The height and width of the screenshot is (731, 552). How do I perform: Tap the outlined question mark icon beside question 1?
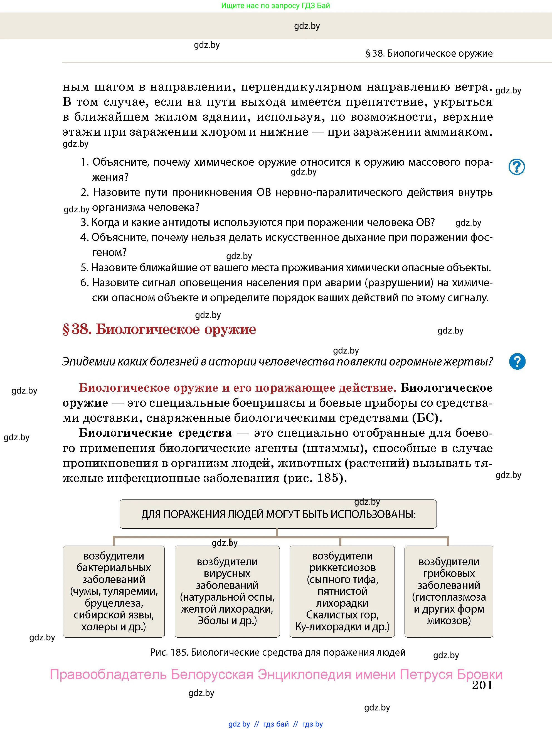click(x=516, y=167)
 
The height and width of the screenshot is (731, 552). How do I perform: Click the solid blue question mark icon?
click(x=517, y=361)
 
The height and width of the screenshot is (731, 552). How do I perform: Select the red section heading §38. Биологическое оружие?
click(x=159, y=329)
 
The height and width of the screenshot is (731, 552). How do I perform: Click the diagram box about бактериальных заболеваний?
click(x=114, y=591)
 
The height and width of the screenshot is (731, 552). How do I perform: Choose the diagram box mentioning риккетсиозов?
click(x=342, y=591)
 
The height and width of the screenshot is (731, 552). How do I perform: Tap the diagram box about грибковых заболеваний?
click(x=448, y=591)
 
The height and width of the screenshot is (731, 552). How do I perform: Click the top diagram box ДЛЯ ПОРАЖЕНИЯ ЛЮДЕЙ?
click(x=278, y=514)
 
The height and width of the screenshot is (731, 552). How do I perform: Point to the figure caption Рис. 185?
click(x=277, y=652)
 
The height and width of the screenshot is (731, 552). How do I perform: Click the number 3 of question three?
click(x=84, y=222)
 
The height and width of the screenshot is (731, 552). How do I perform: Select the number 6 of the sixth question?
click(x=84, y=283)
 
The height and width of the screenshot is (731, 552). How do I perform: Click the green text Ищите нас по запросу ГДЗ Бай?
click(x=275, y=6)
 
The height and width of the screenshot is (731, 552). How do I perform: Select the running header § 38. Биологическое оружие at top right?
click(x=429, y=54)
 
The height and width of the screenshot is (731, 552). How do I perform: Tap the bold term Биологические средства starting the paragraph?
click(x=155, y=433)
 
